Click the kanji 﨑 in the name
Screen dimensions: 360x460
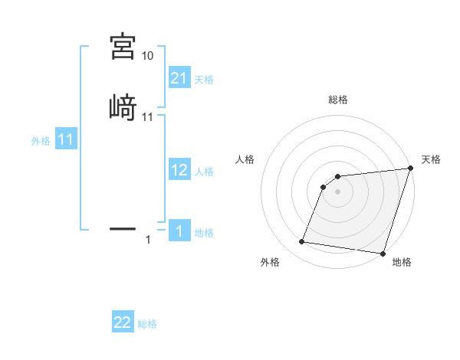coord(123,107)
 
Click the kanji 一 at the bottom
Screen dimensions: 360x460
coord(123,227)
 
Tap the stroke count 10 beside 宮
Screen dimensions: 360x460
coord(147,56)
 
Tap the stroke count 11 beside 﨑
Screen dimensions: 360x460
coord(147,117)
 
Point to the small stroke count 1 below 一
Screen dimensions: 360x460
coord(148,241)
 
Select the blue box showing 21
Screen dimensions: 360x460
coord(179,78)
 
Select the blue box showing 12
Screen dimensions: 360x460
coord(179,171)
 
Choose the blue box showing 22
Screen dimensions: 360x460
coord(123,322)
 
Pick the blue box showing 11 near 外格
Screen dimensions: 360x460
coord(65,140)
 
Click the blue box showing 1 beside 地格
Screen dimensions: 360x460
coord(179,231)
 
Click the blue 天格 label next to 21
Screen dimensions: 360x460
coord(204,80)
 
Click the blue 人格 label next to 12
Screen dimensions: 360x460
coord(204,172)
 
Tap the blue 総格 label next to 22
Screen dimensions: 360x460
coord(147,324)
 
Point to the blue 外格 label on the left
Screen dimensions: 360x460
coord(41,141)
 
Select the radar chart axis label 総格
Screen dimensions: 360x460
coord(338,100)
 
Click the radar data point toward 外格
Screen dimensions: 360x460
coord(302,242)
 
